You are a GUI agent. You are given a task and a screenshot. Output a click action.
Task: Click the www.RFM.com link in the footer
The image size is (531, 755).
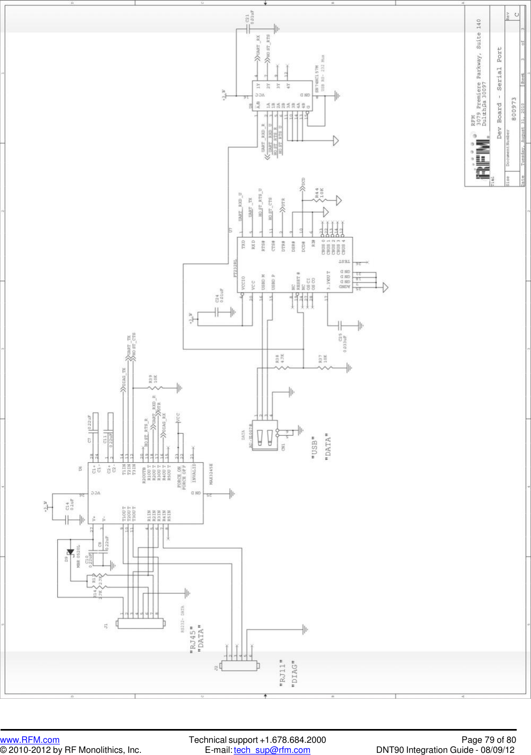(x=30, y=740)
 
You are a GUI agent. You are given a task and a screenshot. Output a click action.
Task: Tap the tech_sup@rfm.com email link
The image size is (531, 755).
(x=272, y=750)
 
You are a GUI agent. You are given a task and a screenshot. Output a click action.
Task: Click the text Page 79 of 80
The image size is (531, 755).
(x=488, y=740)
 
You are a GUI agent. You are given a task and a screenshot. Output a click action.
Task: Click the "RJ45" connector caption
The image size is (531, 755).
(x=193, y=640)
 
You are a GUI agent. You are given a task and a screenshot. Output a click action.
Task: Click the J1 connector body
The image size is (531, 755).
(x=140, y=624)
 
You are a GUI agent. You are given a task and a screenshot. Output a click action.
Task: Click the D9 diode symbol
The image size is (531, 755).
(x=70, y=552)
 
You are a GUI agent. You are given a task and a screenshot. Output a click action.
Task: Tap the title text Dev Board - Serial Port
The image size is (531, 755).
(x=499, y=93)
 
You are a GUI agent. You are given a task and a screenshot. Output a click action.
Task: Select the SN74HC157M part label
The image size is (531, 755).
(x=317, y=80)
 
